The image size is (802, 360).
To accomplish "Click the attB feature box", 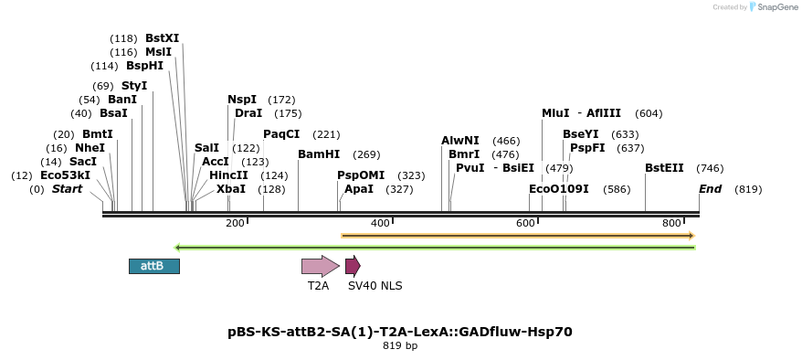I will (x=153, y=266).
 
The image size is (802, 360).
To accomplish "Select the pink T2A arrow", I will (x=320, y=266).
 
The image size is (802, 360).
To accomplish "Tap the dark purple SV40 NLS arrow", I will (x=353, y=266).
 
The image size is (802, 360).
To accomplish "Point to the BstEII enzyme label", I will (x=664, y=168).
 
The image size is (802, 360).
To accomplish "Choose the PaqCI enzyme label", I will (x=281, y=134).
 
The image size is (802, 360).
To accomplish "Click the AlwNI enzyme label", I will (x=460, y=141).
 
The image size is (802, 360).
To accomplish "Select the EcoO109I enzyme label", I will (x=559, y=189).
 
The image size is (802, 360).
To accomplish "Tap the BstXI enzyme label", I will (x=163, y=38).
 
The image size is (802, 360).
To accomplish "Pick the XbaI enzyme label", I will (x=231, y=189).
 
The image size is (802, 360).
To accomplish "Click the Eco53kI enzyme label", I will (x=65, y=175).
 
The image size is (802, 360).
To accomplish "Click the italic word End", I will (x=710, y=189).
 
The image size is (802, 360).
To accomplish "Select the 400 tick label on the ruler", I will (x=380, y=223).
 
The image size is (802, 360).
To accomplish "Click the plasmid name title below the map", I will (x=400, y=332).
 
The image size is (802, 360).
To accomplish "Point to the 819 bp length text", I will (x=400, y=346).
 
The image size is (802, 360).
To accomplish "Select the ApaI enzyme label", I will (x=359, y=189).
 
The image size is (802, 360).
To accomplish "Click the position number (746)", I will (x=710, y=168).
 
